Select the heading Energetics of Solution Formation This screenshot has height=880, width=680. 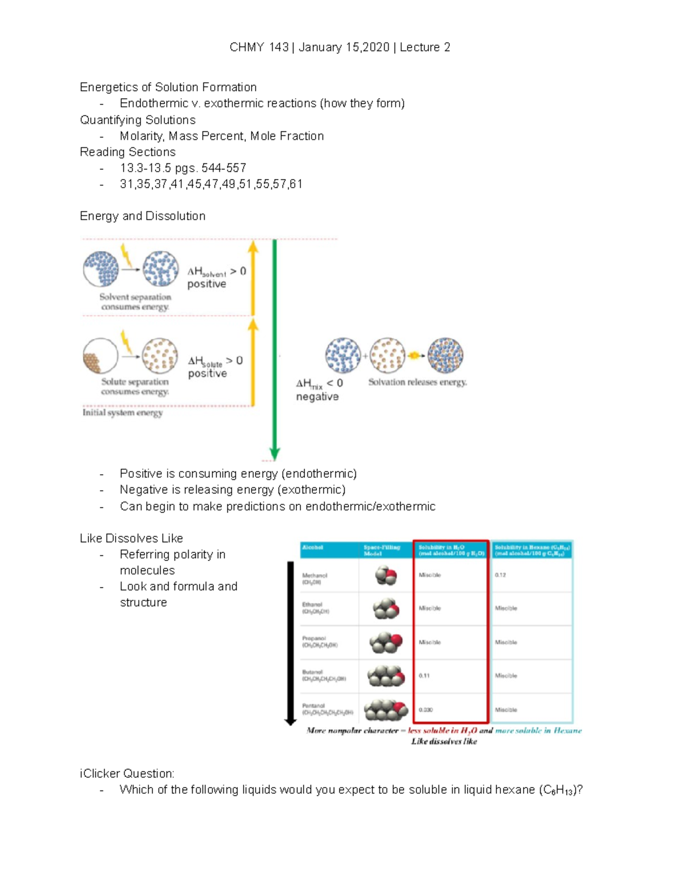pyautogui.click(x=168, y=87)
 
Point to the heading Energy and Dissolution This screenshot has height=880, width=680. pyautogui.click(x=143, y=216)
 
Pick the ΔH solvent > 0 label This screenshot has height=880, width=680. pyautogui.click(x=216, y=272)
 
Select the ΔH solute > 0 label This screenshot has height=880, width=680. pyautogui.click(x=215, y=361)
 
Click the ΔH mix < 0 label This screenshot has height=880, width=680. pyautogui.click(x=319, y=384)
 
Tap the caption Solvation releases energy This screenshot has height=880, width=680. pyautogui.click(x=418, y=382)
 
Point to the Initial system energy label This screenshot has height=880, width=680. pyautogui.click(x=122, y=413)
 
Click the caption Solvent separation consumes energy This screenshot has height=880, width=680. pyautogui.click(x=135, y=302)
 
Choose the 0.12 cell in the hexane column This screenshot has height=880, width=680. pyautogui.click(x=500, y=575)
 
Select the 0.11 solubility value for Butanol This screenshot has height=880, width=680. pyautogui.click(x=424, y=676)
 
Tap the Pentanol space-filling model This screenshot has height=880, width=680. pyautogui.click(x=386, y=710)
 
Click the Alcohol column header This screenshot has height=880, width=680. pyautogui.click(x=313, y=547)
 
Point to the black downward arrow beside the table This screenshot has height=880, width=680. pyautogui.click(x=290, y=643)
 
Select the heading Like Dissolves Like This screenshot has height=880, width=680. pyautogui.click(x=131, y=538)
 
